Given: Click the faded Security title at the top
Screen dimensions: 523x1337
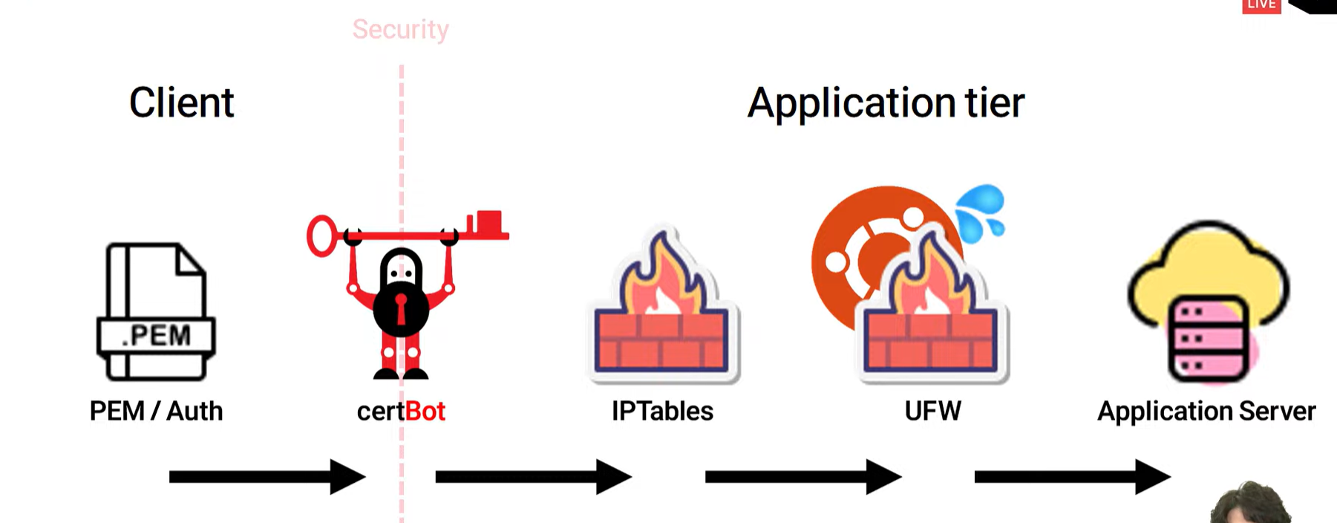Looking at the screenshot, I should point(400,30).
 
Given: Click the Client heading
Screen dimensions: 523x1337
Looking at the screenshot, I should point(182,103).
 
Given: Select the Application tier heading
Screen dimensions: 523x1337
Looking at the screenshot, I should point(886,103).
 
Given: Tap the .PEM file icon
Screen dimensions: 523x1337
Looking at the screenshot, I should point(156,311).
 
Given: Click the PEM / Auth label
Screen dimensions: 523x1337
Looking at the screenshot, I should point(156,411).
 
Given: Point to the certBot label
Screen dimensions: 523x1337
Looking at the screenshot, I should point(401,411).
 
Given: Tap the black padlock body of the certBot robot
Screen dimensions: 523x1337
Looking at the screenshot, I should point(401,305).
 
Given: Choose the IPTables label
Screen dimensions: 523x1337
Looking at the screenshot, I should point(662,411).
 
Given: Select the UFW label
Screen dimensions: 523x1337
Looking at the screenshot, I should point(932,411).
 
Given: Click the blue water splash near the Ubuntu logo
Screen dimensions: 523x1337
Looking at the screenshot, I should point(981,212).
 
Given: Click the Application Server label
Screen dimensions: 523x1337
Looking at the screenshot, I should point(1206,411).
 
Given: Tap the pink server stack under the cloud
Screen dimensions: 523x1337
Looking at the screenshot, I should point(1207,338).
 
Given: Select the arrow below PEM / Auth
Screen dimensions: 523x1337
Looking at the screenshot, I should point(267,477).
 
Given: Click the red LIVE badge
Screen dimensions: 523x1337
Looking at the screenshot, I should point(1261,6).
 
